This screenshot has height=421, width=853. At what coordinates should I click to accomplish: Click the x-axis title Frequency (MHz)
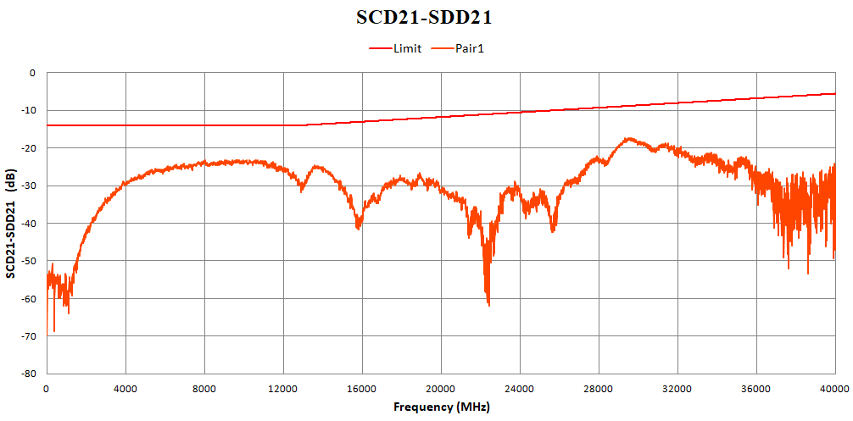(441, 407)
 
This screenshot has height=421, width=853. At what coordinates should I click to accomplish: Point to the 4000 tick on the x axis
(125, 388)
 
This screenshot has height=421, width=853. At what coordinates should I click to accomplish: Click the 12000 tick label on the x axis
(283, 388)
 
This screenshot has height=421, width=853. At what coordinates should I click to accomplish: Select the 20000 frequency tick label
(441, 388)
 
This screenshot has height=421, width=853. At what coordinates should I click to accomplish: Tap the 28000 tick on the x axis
(599, 388)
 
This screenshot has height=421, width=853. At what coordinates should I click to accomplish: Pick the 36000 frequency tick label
(756, 388)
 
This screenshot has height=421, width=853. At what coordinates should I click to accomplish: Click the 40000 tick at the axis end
(834, 388)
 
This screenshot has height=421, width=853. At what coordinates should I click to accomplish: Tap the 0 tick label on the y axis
(33, 73)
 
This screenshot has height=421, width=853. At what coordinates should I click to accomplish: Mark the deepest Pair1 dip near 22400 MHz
(488, 304)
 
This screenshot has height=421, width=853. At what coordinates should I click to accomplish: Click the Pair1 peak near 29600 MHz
(629, 138)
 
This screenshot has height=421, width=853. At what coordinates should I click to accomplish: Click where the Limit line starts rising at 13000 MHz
(303, 125)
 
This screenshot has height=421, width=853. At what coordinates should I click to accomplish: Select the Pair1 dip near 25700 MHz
(554, 230)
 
